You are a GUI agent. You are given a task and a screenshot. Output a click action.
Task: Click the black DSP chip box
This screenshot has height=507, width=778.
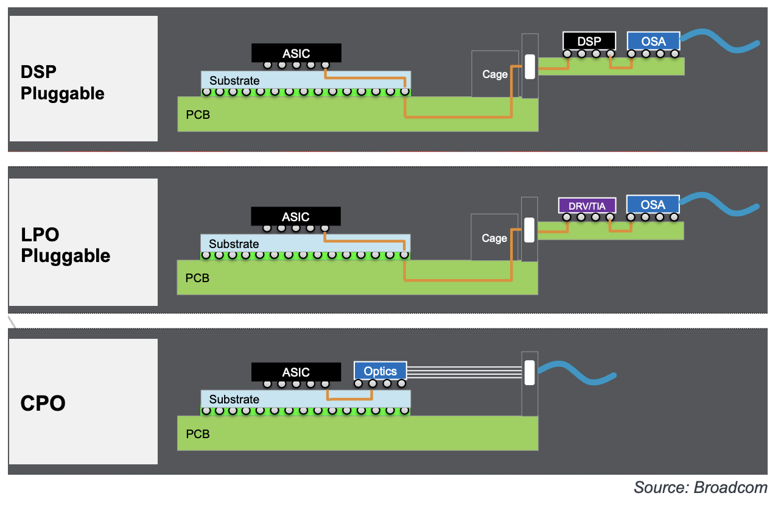(x=589, y=41)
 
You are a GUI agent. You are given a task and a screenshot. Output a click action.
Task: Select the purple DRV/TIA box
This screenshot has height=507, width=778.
(x=587, y=205)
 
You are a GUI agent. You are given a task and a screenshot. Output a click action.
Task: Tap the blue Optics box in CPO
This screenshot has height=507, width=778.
(x=380, y=371)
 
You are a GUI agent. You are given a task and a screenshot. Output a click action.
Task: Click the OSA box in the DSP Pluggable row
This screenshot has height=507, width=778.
(x=653, y=41)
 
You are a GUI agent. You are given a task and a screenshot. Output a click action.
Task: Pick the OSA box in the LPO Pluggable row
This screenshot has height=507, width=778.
(x=653, y=205)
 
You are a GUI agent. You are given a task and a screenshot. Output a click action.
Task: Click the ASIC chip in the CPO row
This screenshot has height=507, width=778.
(x=296, y=372)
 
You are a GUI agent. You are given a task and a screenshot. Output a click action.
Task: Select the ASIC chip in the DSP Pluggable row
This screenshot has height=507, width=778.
(x=296, y=54)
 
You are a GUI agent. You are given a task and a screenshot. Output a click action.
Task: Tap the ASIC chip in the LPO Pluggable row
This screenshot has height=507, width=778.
(x=296, y=216)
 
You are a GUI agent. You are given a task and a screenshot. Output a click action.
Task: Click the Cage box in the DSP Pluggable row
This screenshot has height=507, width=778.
(x=494, y=74)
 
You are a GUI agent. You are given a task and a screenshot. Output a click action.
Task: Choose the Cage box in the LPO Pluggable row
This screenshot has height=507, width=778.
(x=494, y=238)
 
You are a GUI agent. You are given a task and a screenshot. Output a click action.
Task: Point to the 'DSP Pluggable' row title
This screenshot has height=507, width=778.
(x=63, y=83)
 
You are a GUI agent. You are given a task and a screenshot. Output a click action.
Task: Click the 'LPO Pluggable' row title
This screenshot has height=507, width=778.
(x=65, y=245)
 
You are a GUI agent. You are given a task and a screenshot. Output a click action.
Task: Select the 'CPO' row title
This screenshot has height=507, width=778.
(x=43, y=403)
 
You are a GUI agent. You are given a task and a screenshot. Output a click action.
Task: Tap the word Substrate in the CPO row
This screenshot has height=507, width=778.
(x=234, y=400)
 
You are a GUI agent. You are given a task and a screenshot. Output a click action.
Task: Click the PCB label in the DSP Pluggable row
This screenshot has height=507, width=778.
(x=198, y=115)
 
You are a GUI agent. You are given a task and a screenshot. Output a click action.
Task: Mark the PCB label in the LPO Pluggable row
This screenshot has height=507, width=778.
(x=198, y=278)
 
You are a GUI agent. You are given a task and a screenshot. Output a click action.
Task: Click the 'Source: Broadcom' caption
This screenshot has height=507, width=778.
(x=700, y=487)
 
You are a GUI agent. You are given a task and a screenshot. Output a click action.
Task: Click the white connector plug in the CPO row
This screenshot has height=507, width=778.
(x=529, y=372)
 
